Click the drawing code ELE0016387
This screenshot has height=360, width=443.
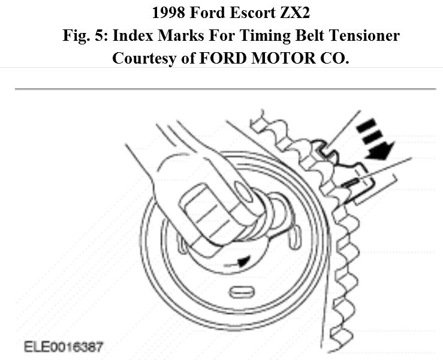tap(64, 347)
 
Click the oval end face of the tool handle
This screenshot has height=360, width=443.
tap(244, 195)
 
